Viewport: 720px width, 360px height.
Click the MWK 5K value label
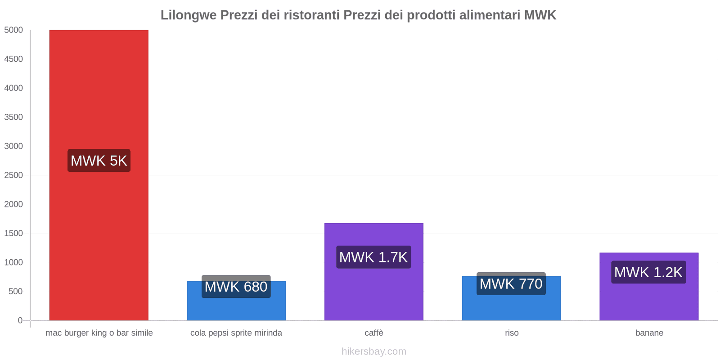coord(99,161)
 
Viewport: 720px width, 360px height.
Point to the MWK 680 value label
coord(236,287)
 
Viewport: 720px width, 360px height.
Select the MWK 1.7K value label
coord(373,257)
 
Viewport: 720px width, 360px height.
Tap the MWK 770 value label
coord(511,284)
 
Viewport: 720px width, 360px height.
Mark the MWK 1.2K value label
coord(648,272)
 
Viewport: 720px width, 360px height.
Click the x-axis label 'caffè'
coord(374,333)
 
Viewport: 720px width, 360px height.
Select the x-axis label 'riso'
coord(512,333)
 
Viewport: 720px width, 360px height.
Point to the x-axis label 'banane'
coord(649,333)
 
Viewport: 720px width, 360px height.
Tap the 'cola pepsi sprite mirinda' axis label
coord(236,333)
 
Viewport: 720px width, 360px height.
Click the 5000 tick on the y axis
coord(13,30)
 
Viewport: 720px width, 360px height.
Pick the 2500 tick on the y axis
coord(13,175)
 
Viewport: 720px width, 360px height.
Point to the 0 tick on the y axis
coord(20,320)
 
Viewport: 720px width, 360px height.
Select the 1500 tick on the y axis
coord(13,234)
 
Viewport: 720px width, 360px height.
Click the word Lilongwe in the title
coord(189,15)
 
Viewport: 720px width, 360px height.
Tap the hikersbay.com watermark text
coord(373,351)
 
